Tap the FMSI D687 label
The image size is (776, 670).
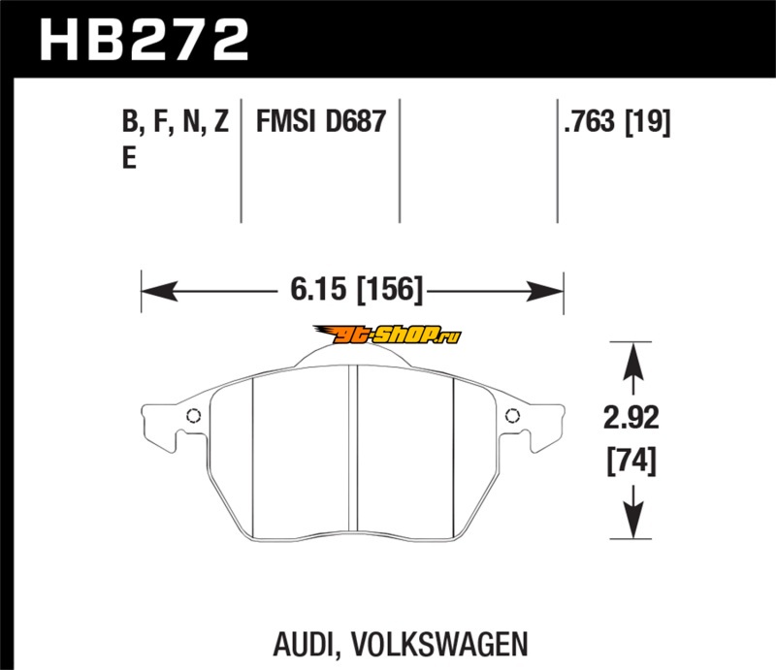[x=321, y=123]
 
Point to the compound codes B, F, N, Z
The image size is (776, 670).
[x=176, y=123]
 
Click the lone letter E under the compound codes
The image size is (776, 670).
[x=129, y=160]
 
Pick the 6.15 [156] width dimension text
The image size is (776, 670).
[x=353, y=289]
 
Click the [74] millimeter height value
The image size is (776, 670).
[x=631, y=461]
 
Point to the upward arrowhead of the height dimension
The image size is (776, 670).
[x=632, y=363]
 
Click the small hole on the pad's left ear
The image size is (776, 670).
[x=192, y=418]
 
